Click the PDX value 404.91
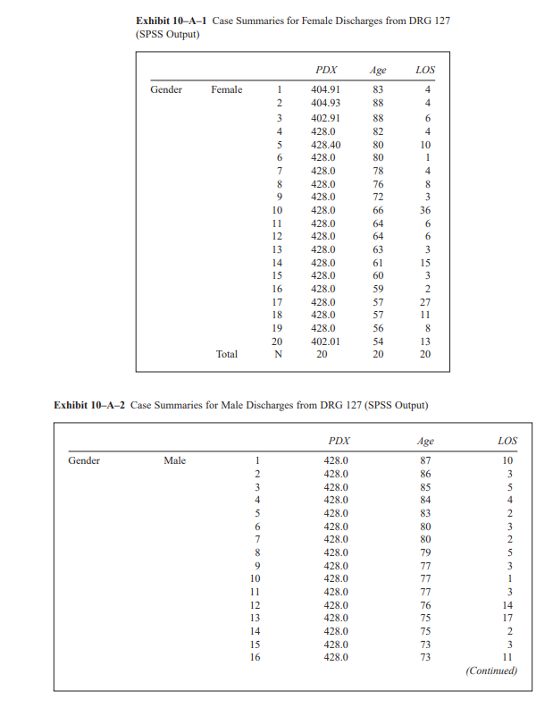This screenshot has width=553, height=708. point(325,89)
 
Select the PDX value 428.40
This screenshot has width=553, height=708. point(325,144)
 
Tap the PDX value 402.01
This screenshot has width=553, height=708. point(325,341)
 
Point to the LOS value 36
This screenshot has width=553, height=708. point(425,210)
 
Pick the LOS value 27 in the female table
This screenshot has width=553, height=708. point(425,302)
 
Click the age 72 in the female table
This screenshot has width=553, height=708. point(378,197)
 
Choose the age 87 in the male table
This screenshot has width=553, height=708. point(426,460)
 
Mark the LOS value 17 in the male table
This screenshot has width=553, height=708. point(507,617)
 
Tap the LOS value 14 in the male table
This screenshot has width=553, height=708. point(507,604)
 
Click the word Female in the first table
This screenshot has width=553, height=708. point(226,89)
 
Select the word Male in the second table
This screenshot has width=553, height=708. point(175,460)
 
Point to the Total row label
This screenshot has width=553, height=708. point(227,354)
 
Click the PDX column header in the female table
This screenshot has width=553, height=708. point(326,69)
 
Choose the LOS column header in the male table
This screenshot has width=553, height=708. point(507,440)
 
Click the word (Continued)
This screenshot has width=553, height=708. point(491,670)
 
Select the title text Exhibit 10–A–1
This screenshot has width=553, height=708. point(172,21)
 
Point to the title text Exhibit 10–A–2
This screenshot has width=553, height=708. point(90,405)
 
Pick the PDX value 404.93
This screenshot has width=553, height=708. point(325,104)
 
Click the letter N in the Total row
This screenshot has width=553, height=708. point(278,354)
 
